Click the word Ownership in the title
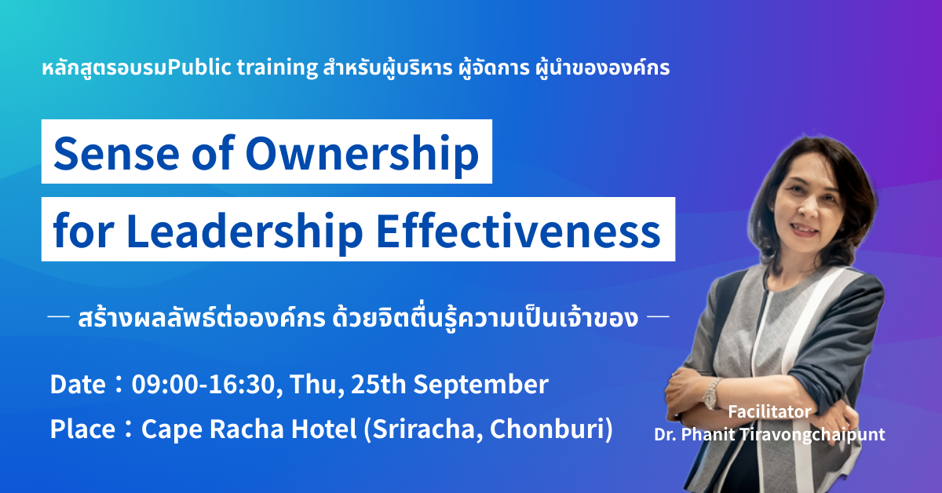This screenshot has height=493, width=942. [x=363, y=155]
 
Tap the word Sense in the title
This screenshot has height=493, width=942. [x=116, y=153]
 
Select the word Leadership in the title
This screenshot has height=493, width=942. [x=244, y=232]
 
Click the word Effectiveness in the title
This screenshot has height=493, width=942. [x=519, y=231]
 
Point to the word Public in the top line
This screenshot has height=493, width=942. [x=199, y=67]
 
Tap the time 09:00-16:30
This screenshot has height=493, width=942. [x=203, y=384]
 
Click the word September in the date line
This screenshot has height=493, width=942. [x=481, y=385]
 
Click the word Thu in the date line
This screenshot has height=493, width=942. [x=315, y=385]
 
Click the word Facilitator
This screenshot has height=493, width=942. [x=769, y=412]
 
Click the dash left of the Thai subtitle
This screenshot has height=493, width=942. [x=58, y=316]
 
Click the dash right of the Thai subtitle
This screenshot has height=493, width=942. [x=658, y=316]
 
